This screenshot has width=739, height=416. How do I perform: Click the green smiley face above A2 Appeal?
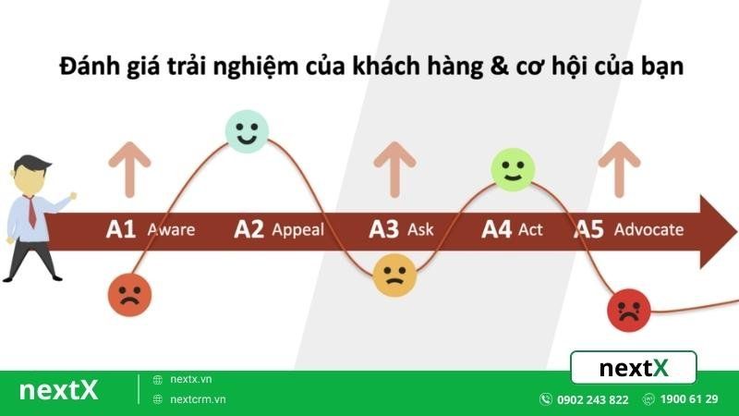pos(247,130)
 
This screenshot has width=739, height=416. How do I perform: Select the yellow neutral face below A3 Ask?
pos(394,275)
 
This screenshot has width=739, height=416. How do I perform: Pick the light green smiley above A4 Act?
pos(513,169)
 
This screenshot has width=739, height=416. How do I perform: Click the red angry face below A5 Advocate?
pos(629,310)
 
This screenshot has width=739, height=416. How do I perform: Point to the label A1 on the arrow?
pos(121,229)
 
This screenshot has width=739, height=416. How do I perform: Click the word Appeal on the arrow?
pos(297,229)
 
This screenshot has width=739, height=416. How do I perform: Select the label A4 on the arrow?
pos(496,229)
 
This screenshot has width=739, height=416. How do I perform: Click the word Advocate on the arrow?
pos(648,229)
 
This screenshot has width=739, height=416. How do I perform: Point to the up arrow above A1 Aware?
pos(128,168)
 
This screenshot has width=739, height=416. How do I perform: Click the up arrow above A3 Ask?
pos(395,168)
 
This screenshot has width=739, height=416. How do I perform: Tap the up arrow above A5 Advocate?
pos(619,168)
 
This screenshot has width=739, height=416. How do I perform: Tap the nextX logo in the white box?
pos(634,368)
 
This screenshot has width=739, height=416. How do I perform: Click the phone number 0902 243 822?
pos(592,399)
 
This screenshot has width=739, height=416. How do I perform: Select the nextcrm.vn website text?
pos(199,399)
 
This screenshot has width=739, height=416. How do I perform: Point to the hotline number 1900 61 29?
pos(690,399)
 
